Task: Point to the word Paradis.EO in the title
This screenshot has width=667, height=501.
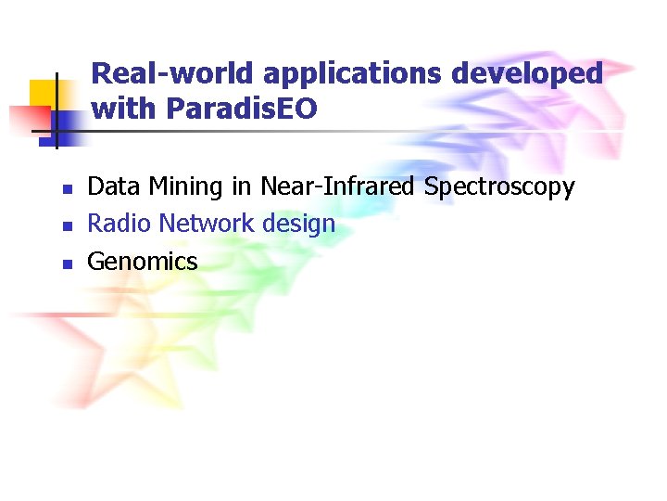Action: pyautogui.click(x=242, y=109)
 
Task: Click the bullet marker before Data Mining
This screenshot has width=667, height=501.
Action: pyautogui.click(x=67, y=189)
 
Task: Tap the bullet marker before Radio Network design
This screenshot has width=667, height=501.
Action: pyautogui.click(x=67, y=226)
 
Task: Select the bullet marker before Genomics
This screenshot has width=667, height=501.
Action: pyautogui.click(x=67, y=263)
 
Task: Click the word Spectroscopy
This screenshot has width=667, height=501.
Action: pyautogui.click(x=499, y=187)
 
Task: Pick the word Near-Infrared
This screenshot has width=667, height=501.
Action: pyautogui.click(x=338, y=186)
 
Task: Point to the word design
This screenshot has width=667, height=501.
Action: pyautogui.click(x=298, y=225)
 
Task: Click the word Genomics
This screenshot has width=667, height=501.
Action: pyautogui.click(x=143, y=262)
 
